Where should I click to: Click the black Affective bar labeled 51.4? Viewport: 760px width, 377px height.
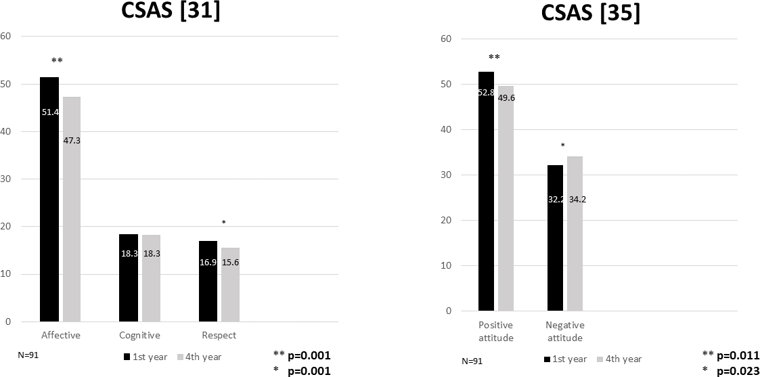point(49,199)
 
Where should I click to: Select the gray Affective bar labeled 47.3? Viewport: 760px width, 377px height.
point(72,209)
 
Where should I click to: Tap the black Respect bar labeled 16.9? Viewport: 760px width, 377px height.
point(208,281)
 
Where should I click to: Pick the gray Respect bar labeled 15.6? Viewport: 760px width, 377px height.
point(230,284)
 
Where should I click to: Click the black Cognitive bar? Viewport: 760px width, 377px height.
point(129,278)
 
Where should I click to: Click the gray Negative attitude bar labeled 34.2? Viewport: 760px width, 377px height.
point(575,234)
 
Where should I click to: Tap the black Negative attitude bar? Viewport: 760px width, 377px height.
point(555,238)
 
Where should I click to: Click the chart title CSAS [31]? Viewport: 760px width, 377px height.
point(171,12)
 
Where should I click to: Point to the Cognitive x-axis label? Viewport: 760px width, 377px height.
point(139,335)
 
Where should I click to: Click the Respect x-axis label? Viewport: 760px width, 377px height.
point(219,335)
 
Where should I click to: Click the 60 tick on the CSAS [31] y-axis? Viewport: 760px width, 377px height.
point(6,36)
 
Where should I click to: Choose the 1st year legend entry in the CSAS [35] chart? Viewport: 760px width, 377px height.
point(563,359)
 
